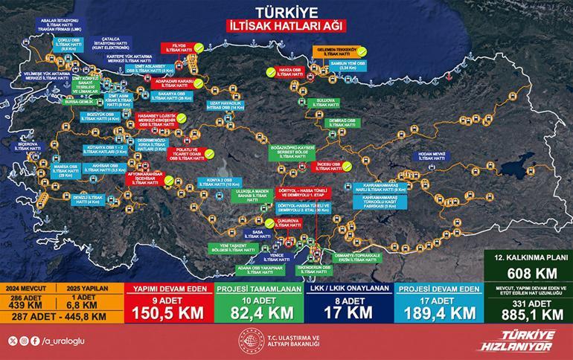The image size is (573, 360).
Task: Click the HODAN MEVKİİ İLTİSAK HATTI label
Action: [432, 155]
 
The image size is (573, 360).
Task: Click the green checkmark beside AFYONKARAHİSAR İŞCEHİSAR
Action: [170, 179]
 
